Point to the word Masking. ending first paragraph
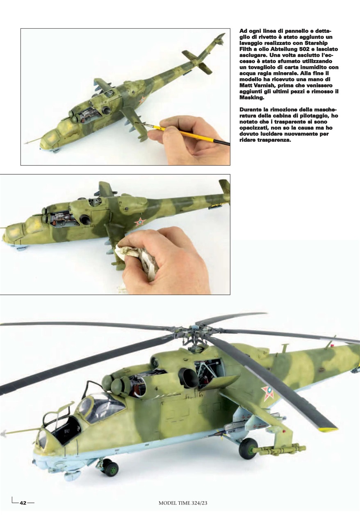[252, 98]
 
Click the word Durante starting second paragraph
[251, 110]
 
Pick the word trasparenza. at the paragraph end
[273, 140]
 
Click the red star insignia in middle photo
[140, 222]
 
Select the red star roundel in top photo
[141, 100]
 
